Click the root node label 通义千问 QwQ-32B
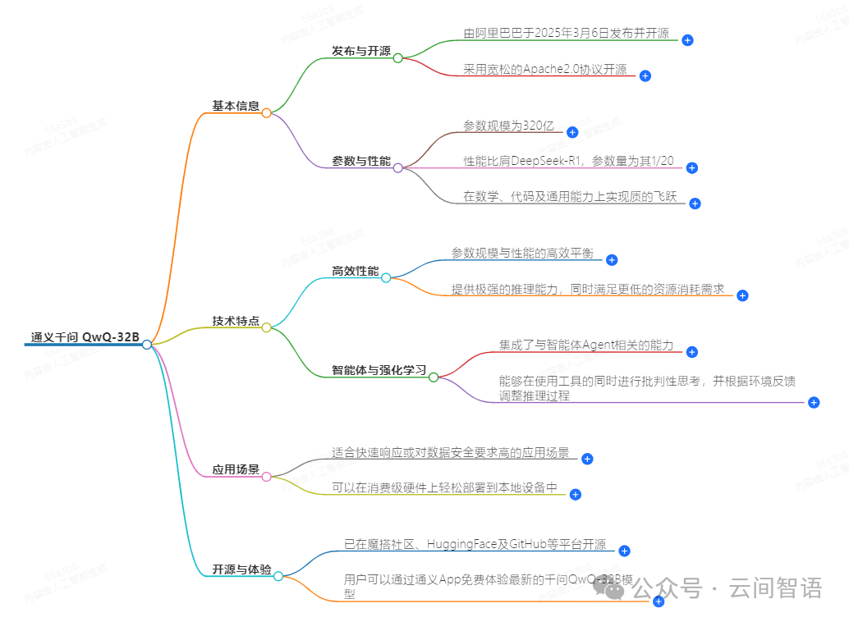[85, 337]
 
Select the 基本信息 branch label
[236, 106]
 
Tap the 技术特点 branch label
[236, 321]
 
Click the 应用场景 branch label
[236, 470]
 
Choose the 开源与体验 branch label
[241, 569]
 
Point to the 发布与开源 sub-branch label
[361, 51]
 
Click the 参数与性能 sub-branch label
[361, 161]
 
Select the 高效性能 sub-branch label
[356, 271]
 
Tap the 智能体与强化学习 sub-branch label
[379, 371]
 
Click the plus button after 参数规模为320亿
[572, 132]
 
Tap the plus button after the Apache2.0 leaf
[645, 75]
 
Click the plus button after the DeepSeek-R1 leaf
[691, 167]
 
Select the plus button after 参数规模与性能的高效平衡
[611, 259]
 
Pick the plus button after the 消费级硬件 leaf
[576, 494]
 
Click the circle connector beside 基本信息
[266, 113]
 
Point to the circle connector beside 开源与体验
[278, 576]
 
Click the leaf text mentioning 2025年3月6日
[566, 34]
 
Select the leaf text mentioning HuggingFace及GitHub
[475, 544]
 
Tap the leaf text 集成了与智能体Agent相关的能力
[585, 345]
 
